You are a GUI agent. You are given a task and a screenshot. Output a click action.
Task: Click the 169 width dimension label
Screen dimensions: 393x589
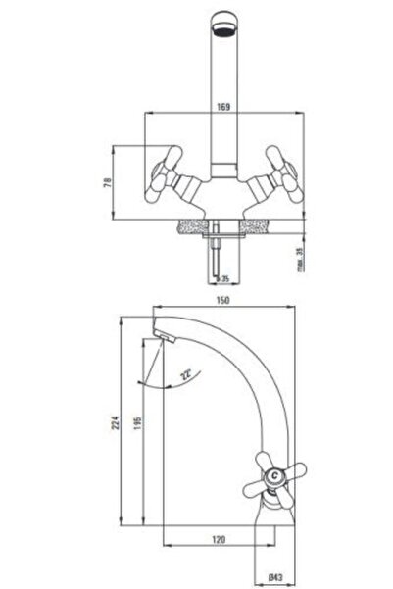point(223,107)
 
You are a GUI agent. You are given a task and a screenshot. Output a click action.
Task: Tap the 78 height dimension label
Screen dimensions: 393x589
point(108,182)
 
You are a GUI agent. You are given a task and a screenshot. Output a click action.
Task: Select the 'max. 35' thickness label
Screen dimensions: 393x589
point(300,259)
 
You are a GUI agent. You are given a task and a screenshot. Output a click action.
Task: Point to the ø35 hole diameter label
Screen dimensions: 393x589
point(222,278)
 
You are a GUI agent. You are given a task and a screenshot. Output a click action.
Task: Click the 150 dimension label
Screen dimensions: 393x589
point(222,300)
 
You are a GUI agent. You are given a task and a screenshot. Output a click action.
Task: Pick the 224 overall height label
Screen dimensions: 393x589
point(116,422)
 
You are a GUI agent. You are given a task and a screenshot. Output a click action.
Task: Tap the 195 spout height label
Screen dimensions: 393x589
point(137,423)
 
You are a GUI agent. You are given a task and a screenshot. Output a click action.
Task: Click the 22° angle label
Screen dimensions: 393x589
point(185,375)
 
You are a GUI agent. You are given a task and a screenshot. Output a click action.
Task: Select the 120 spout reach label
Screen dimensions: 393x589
point(219,539)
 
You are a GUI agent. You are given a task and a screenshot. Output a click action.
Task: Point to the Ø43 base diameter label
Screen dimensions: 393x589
point(275,577)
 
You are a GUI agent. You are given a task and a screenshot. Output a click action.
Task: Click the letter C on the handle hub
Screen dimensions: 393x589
point(275,476)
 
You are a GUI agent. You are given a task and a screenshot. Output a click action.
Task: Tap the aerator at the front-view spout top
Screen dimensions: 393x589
point(224,30)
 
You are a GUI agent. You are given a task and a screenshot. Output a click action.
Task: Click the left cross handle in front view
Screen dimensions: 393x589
point(165,173)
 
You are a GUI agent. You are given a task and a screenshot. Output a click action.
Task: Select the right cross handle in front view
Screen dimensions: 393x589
point(285,173)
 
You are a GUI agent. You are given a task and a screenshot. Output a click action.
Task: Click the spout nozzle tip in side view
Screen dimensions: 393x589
point(166,335)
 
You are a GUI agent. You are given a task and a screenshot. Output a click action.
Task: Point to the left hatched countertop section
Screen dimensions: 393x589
point(193,226)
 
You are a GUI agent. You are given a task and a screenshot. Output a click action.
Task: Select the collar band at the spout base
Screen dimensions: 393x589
point(223,171)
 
